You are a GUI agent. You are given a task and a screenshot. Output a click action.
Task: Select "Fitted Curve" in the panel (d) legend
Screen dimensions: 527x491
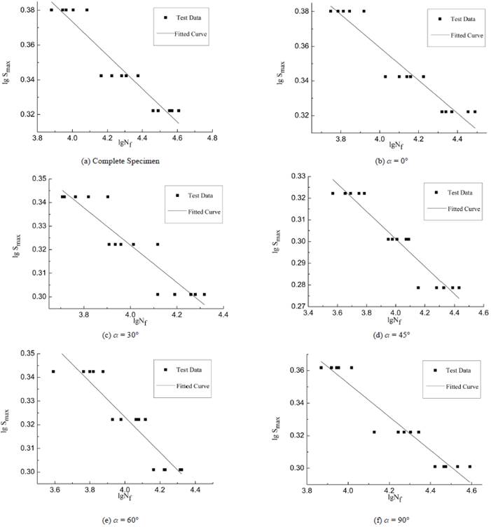coord(464,208)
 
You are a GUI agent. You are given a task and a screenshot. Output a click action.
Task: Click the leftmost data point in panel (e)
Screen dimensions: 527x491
coord(53,371)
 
